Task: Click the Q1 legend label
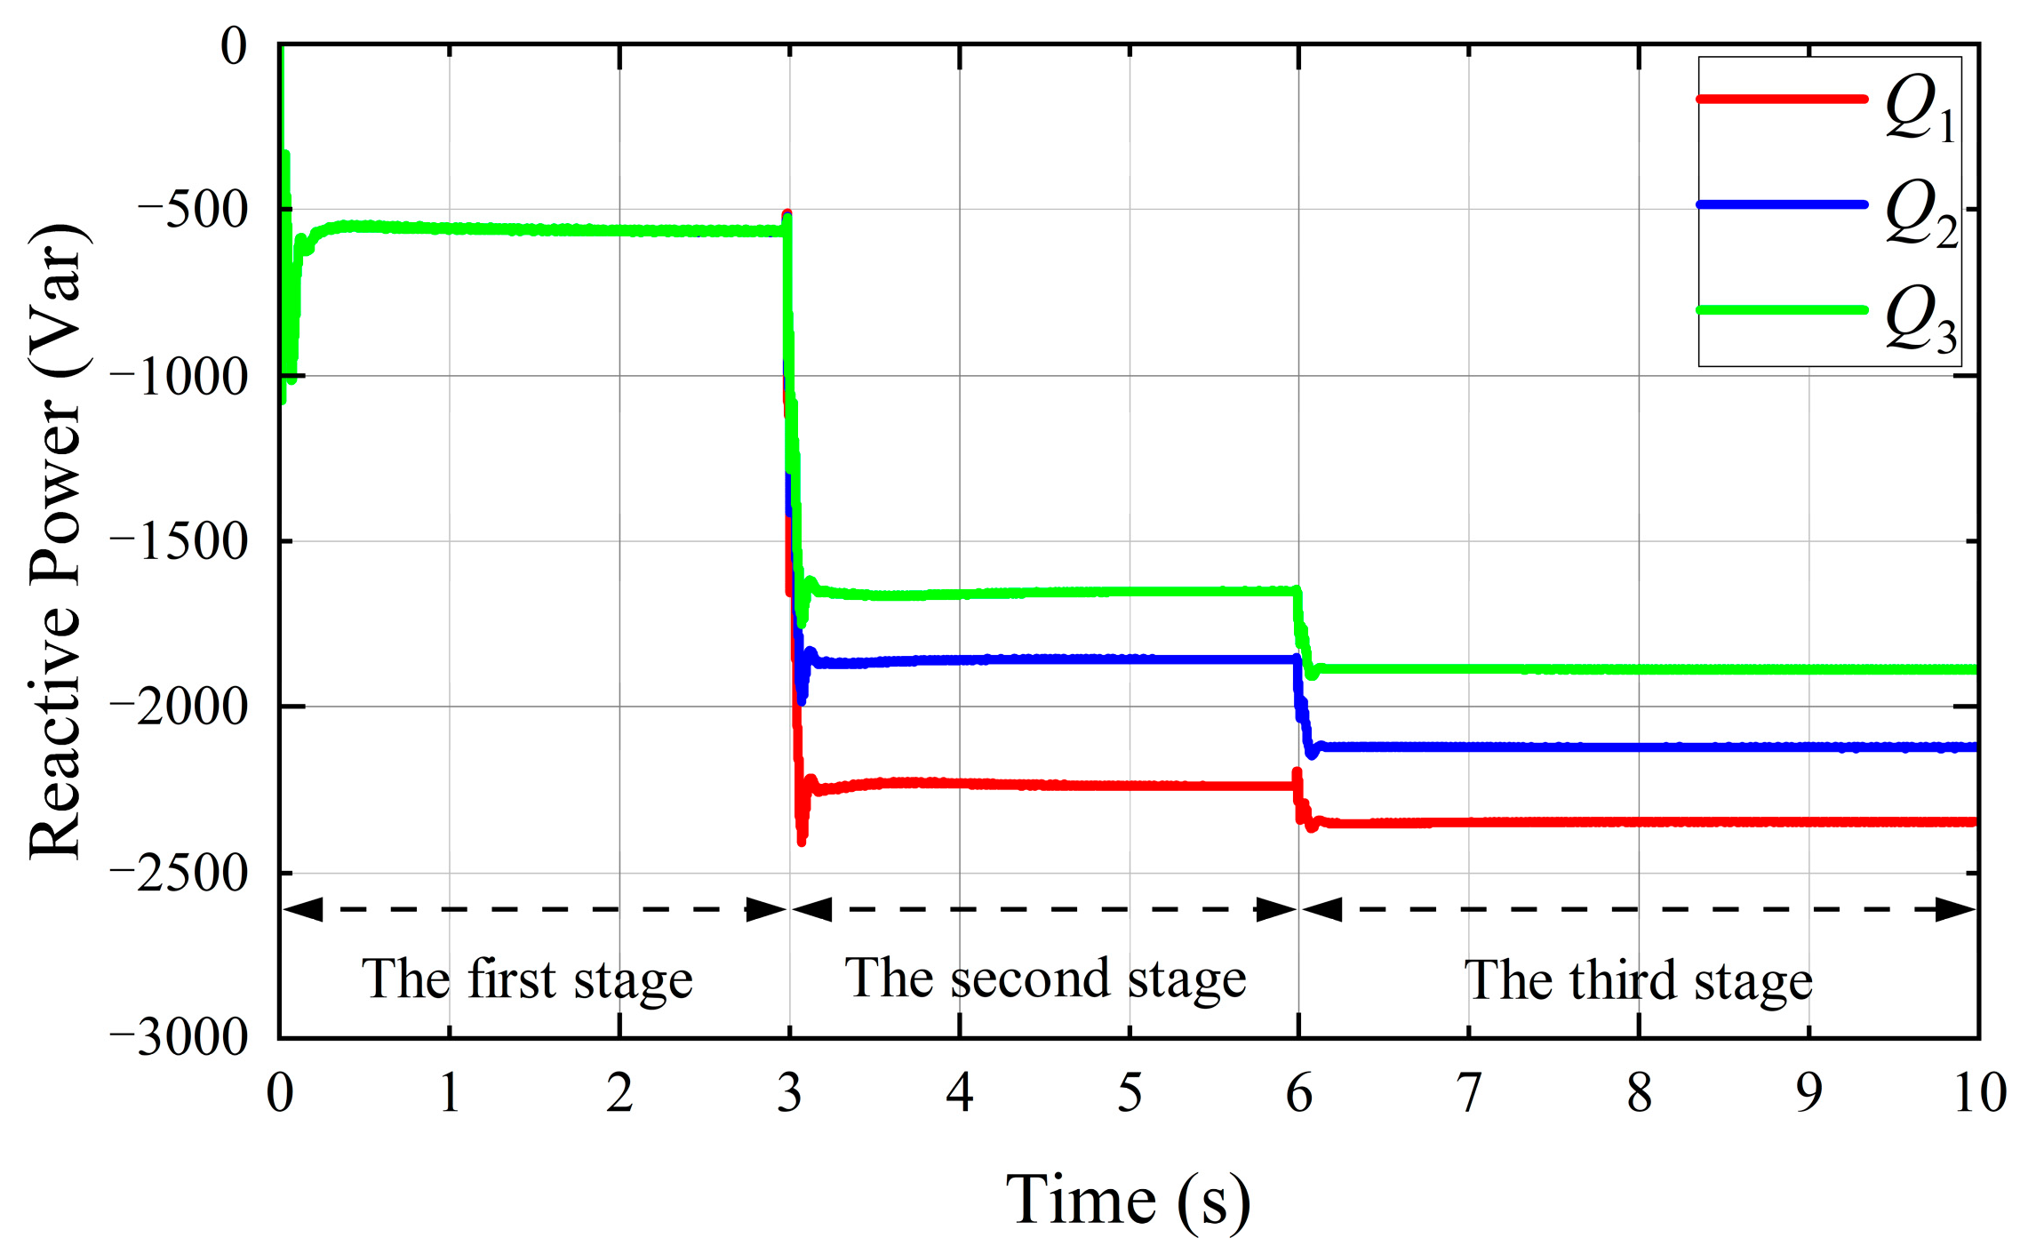pos(1920,110)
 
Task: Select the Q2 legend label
pos(1920,214)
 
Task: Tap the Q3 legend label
pos(1920,321)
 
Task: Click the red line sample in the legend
pos(1781,99)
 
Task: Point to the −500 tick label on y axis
pos(191,212)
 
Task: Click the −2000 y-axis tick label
pos(178,708)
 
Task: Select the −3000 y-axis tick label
pos(178,1038)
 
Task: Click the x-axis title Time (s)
pos(1129,1201)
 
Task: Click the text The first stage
pos(527,981)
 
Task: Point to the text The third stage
pos(1638,982)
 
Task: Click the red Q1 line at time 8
pos(1639,822)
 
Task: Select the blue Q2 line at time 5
pos(1130,659)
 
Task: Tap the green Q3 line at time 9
pos(1809,669)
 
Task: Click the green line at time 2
pos(619,231)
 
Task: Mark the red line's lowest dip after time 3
pos(802,840)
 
